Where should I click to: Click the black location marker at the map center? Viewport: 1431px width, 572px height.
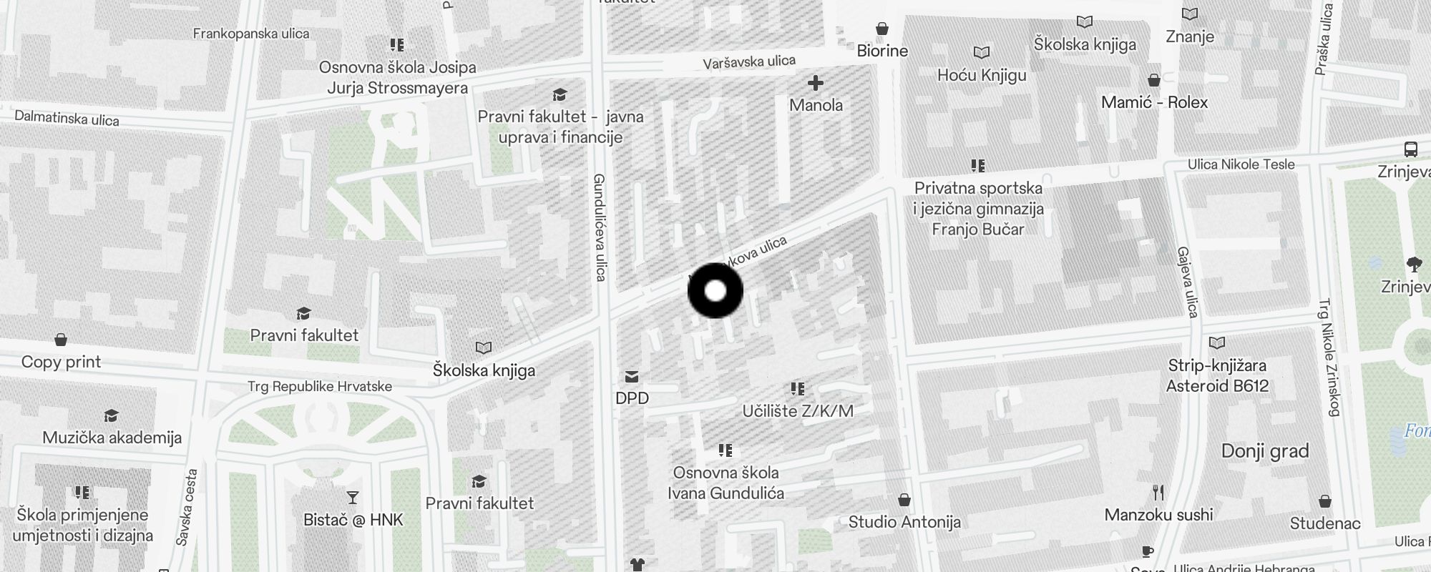pyautogui.click(x=715, y=291)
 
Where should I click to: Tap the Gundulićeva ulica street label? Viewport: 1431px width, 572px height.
pyautogui.click(x=600, y=227)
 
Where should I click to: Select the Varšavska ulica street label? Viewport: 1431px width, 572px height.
pyautogui.click(x=748, y=62)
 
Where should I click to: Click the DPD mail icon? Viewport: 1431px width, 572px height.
pyautogui.click(x=632, y=377)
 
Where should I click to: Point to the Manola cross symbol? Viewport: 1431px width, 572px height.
pyautogui.click(x=815, y=84)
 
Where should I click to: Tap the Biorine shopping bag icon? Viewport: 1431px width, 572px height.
pyautogui.click(x=882, y=29)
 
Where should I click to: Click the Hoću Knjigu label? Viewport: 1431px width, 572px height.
pyautogui.click(x=982, y=75)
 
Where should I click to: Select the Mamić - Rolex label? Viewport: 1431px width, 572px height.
pyautogui.click(x=1154, y=102)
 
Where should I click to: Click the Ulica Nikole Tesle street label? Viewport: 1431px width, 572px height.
pyautogui.click(x=1241, y=164)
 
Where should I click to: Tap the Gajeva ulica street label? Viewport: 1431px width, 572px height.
pyautogui.click(x=1186, y=282)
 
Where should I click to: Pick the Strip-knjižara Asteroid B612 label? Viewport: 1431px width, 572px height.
pyautogui.click(x=1217, y=375)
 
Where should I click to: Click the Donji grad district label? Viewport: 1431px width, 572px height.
pyautogui.click(x=1264, y=451)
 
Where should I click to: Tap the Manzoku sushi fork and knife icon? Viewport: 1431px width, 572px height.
pyautogui.click(x=1158, y=493)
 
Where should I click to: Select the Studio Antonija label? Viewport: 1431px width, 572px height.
pyautogui.click(x=904, y=522)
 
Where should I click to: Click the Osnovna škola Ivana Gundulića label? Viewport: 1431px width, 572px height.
pyautogui.click(x=726, y=483)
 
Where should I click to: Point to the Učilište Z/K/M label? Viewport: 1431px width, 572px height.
pyautogui.click(x=798, y=411)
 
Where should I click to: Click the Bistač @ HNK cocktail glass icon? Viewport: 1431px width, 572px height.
pyautogui.click(x=353, y=497)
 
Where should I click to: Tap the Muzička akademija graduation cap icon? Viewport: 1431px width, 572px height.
pyautogui.click(x=111, y=416)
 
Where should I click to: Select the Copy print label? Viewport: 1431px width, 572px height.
pyautogui.click(x=61, y=362)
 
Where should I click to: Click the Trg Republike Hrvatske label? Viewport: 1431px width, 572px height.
pyautogui.click(x=319, y=387)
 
